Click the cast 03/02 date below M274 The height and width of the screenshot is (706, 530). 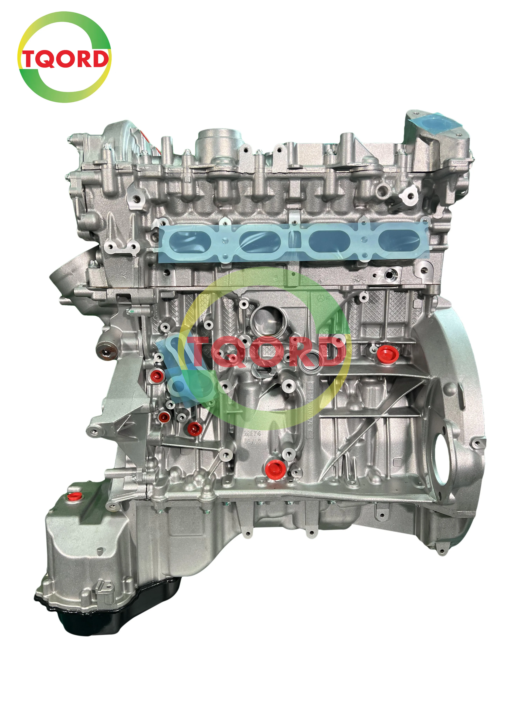click(x=252, y=441)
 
